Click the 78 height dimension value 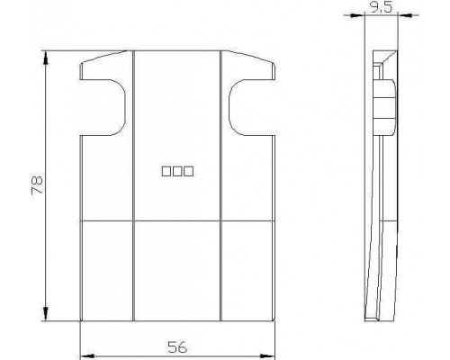pyautogui.click(x=37, y=186)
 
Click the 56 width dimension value pyautogui.click(x=177, y=347)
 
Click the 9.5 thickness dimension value pyautogui.click(x=381, y=7)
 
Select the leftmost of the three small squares pyautogui.click(x=166, y=171)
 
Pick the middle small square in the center pyautogui.click(x=177, y=171)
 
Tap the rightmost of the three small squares pyautogui.click(x=189, y=171)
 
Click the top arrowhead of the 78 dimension pyautogui.click(x=46, y=58)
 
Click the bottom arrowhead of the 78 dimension pyautogui.click(x=46, y=314)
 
